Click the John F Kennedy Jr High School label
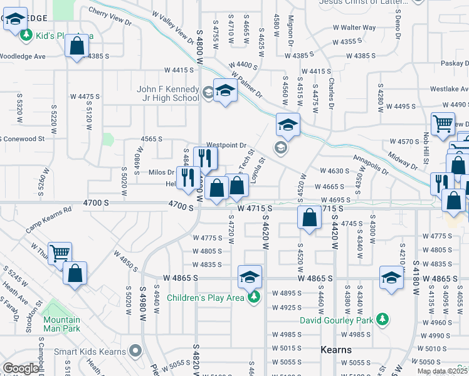click(x=168, y=93)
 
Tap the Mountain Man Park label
click(x=61, y=323)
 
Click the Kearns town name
click(x=336, y=349)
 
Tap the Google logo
click(x=21, y=368)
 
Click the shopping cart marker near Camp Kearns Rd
click(x=60, y=254)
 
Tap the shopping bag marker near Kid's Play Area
click(x=76, y=47)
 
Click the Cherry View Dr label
click(x=110, y=16)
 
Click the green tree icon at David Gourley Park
click(x=381, y=320)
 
